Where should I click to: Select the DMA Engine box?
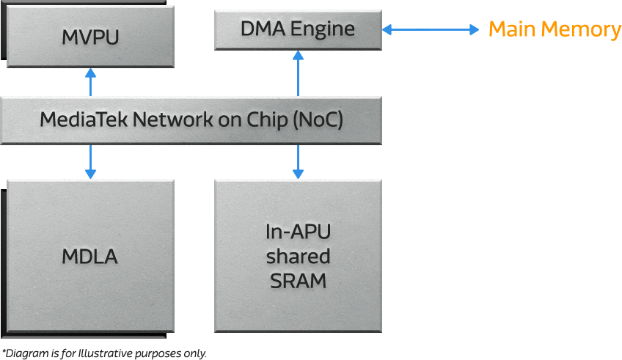298,29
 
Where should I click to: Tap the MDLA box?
90,257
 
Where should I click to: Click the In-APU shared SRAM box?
298,256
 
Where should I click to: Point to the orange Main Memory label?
555,29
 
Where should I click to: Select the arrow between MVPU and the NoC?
91,82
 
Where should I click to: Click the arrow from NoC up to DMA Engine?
299,73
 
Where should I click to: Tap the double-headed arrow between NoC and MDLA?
91,161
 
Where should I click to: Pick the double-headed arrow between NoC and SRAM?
299,161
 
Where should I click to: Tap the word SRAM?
298,280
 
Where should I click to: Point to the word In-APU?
298,232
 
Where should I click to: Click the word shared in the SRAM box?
298,257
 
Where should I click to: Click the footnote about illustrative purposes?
104,353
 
